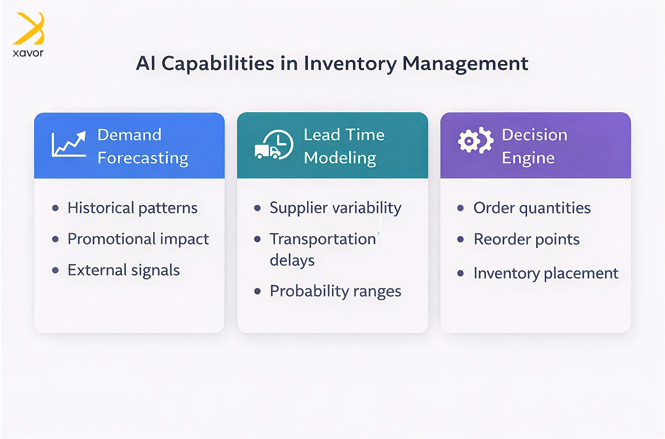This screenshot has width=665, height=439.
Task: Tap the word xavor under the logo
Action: (x=28, y=53)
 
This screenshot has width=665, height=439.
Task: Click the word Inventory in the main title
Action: (x=350, y=64)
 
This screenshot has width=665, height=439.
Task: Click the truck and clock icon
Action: (x=274, y=145)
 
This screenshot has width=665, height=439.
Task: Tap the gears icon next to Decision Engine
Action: (x=475, y=141)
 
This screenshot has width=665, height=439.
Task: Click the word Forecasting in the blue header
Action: (x=143, y=158)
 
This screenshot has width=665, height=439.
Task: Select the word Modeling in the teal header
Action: (x=340, y=158)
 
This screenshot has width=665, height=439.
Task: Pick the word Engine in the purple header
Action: (x=528, y=158)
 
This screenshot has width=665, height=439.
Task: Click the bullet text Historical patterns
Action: (x=133, y=207)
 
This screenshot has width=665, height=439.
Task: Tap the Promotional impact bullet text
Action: (x=138, y=239)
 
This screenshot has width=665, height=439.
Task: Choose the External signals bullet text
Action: (x=123, y=270)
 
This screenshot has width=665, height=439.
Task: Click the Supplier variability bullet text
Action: (x=335, y=207)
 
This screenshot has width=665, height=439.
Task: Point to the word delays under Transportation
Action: (x=292, y=261)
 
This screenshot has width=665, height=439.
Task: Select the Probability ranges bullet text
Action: (x=335, y=291)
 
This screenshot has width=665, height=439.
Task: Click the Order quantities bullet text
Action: (x=532, y=208)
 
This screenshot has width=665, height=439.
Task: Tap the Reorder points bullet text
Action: (x=526, y=239)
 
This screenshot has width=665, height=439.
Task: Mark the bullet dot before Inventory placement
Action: (x=461, y=273)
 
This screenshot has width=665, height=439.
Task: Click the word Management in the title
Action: (x=465, y=64)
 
